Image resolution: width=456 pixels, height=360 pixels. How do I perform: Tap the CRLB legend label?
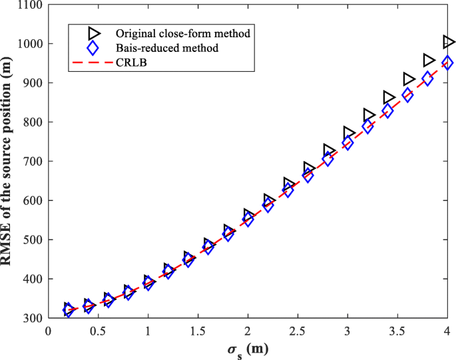click(x=130, y=64)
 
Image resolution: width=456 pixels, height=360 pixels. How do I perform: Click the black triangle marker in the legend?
click(x=93, y=33)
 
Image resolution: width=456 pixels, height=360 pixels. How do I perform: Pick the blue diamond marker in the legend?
click(x=93, y=49)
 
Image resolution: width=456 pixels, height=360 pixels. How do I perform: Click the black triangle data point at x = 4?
click(x=449, y=42)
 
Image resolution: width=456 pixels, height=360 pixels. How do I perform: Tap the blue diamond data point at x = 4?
click(x=447, y=63)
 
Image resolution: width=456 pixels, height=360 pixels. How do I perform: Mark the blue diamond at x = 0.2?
click(x=68, y=310)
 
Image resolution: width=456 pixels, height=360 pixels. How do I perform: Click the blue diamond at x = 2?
click(x=248, y=220)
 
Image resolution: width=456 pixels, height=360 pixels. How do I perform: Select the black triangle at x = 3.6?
click(x=409, y=79)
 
